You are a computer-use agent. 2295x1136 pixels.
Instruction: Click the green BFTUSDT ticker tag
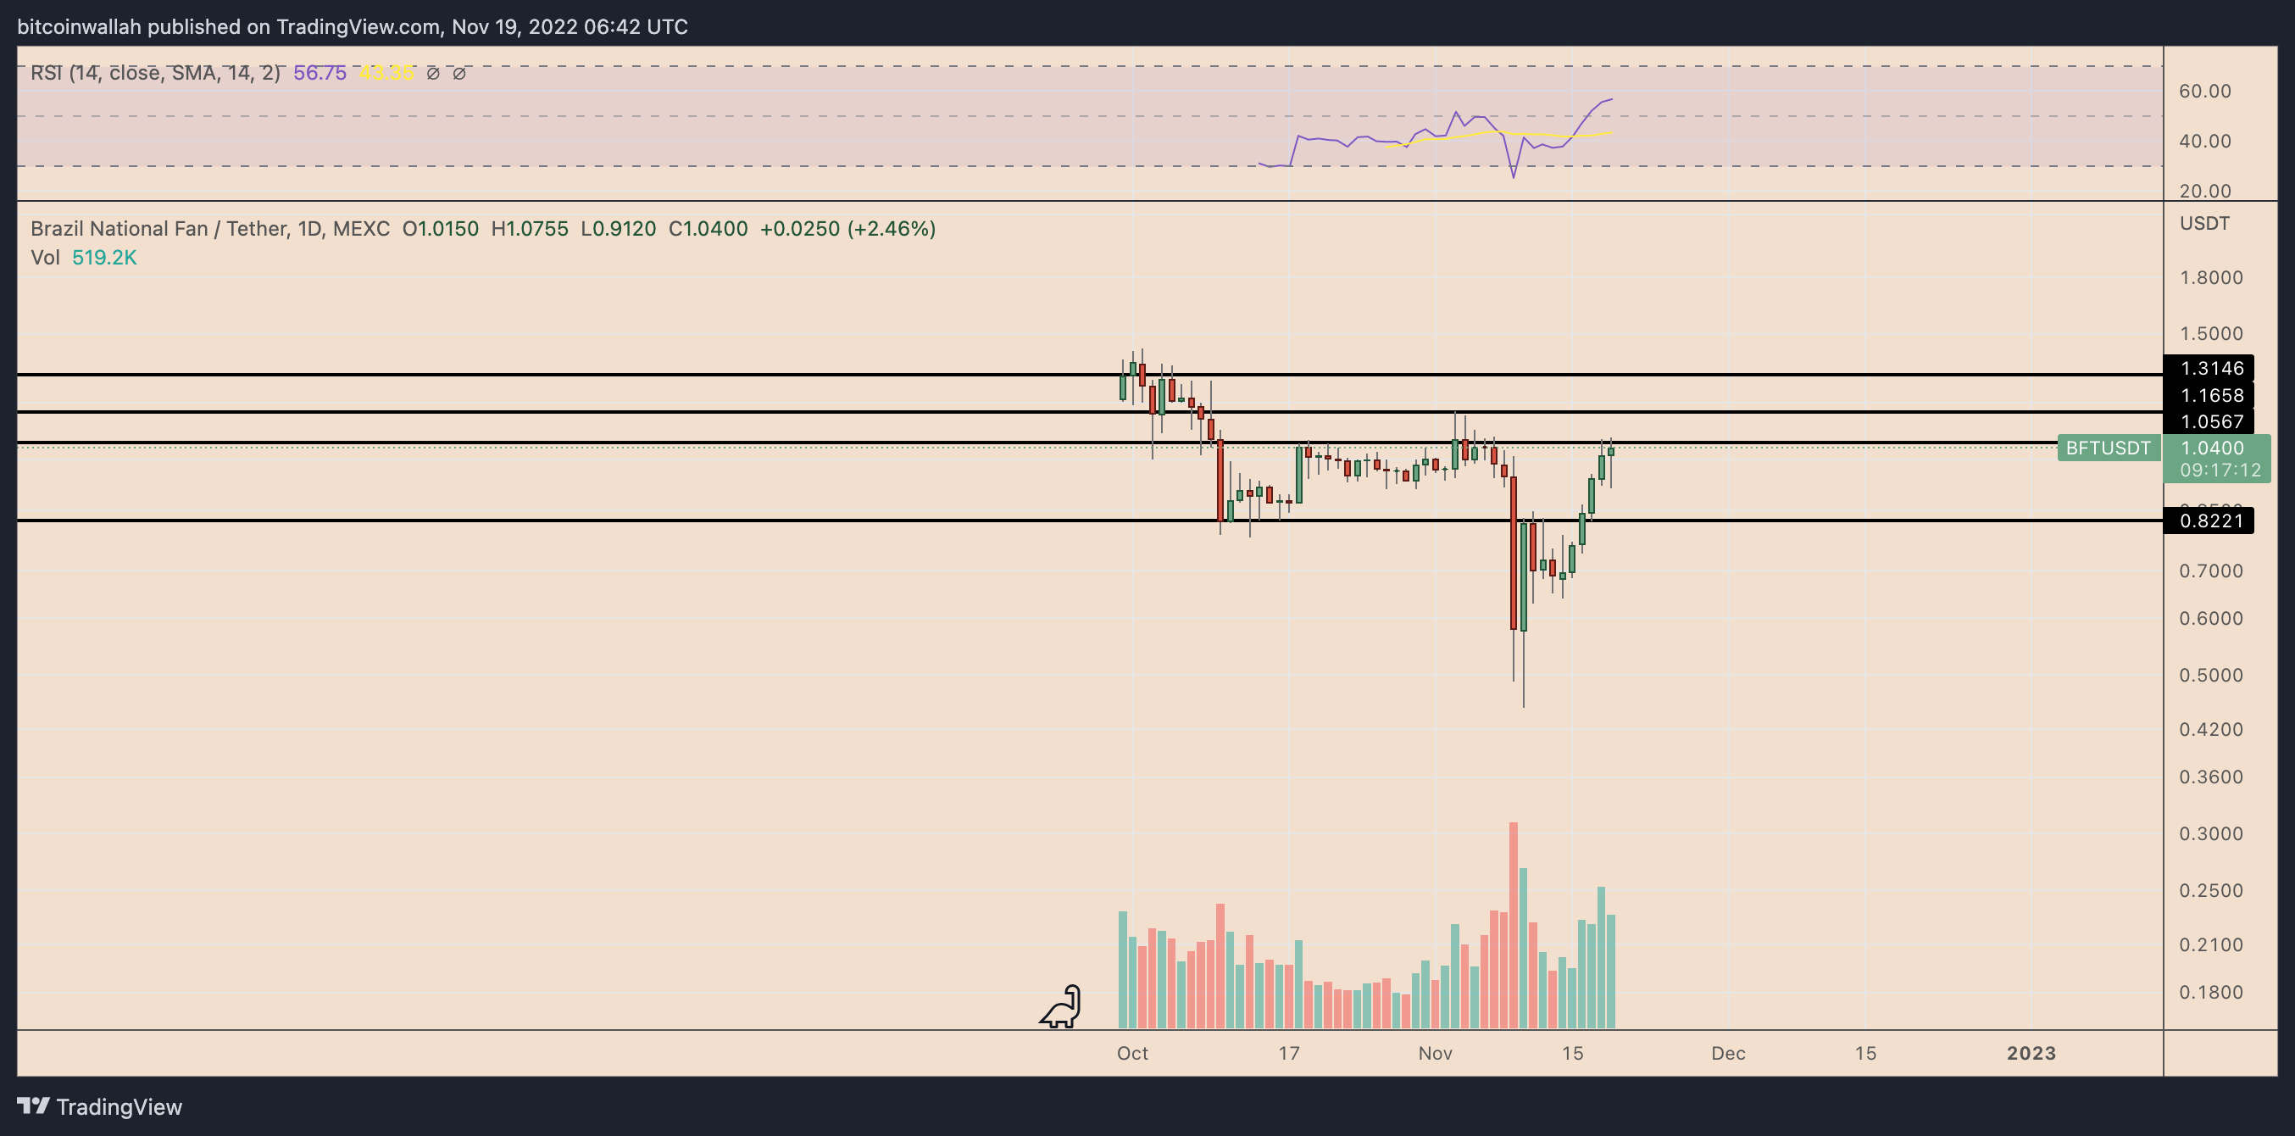pos(2108,448)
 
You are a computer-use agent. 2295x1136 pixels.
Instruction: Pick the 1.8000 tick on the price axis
pos(2210,277)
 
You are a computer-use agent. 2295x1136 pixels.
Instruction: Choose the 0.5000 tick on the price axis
pos(2210,675)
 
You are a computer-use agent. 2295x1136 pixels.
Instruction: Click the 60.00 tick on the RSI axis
pos(2204,91)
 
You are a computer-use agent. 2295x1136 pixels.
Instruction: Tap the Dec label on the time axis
pos(1727,1053)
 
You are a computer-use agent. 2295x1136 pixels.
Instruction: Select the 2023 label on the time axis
pos(2031,1053)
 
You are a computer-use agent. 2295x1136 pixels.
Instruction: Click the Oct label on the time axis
pos(1132,1053)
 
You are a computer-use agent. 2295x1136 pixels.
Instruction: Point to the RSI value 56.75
pos(320,73)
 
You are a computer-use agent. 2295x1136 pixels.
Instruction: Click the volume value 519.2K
pos(104,258)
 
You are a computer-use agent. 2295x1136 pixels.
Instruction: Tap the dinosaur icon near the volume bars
pos(1061,1007)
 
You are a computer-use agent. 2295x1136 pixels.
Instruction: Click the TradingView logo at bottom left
pos(100,1106)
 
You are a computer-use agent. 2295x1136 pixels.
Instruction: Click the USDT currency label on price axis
pos(2204,223)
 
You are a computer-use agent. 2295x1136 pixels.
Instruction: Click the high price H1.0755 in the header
pos(529,229)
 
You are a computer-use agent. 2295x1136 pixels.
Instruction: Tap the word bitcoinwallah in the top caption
pos(80,27)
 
